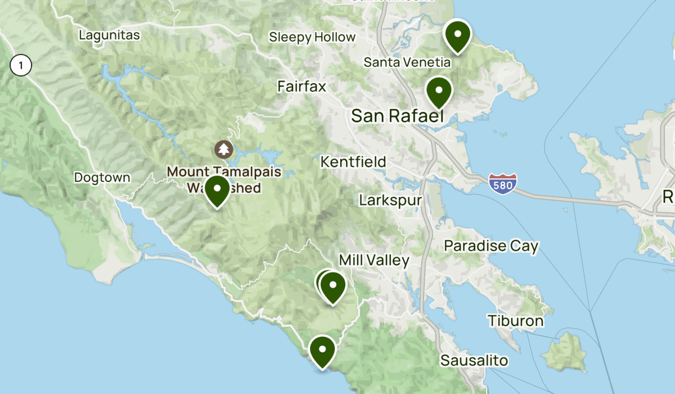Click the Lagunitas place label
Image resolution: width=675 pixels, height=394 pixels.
pyautogui.click(x=109, y=35)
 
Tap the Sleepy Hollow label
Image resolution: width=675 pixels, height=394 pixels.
pyautogui.click(x=312, y=37)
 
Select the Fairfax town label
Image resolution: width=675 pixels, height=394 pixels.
pyautogui.click(x=301, y=86)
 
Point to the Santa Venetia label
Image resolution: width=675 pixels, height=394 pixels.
pyautogui.click(x=407, y=62)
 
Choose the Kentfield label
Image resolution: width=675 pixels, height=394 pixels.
pyautogui.click(x=353, y=162)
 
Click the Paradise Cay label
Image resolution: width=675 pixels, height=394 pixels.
pyautogui.click(x=491, y=246)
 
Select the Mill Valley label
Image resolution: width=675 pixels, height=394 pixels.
pyautogui.click(x=374, y=260)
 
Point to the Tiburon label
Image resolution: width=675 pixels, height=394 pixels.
pyautogui.click(x=516, y=321)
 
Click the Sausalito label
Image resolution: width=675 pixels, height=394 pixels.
pyautogui.click(x=474, y=360)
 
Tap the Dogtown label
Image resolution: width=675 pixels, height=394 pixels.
pyautogui.click(x=102, y=177)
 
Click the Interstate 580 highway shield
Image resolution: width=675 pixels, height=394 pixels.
pyautogui.click(x=502, y=184)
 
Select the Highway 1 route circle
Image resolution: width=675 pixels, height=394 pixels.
pyautogui.click(x=21, y=66)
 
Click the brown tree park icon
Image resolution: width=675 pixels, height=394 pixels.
pyautogui.click(x=224, y=150)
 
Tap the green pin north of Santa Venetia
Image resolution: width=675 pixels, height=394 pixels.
pyautogui.click(x=457, y=35)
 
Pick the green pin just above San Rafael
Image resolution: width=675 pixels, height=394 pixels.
pyautogui.click(x=439, y=91)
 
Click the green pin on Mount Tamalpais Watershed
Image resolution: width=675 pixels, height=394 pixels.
pyautogui.click(x=217, y=190)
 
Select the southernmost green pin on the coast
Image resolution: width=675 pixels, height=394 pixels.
pyautogui.click(x=322, y=351)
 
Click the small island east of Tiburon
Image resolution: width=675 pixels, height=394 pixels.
pyautogui.click(x=565, y=350)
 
